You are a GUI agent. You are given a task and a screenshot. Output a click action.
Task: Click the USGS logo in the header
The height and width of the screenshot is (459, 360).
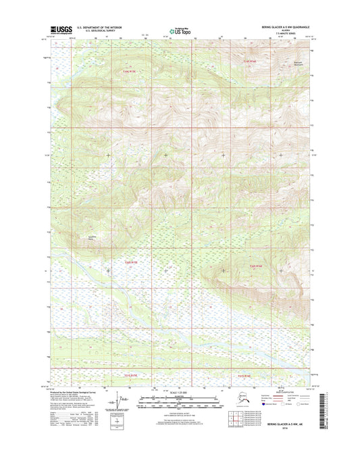coord(61,29)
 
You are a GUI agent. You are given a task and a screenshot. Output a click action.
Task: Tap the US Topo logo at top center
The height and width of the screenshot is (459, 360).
coord(180,30)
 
